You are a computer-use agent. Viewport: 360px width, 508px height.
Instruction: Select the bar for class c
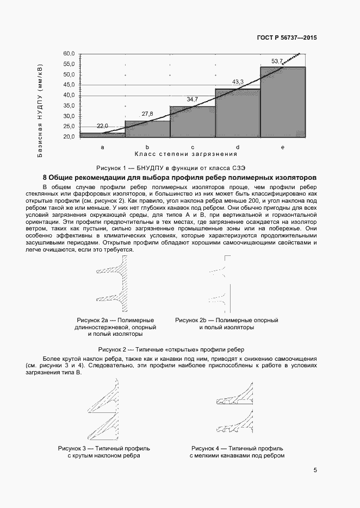[x=193, y=122]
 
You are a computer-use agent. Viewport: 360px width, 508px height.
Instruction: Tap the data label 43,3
[x=238, y=82]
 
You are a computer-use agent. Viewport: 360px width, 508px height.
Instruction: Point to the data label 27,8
[x=147, y=114]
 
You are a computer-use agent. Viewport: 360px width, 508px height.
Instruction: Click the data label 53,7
[x=277, y=61]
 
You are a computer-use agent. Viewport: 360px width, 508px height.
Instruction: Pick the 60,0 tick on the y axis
[x=69, y=54]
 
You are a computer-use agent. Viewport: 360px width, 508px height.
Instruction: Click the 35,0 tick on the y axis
[x=69, y=106]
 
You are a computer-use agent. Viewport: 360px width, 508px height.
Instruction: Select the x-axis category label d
[x=238, y=147]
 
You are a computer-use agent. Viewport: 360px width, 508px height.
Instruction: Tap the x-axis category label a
[x=102, y=147]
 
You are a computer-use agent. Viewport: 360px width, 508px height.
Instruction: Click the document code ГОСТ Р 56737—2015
[x=287, y=39]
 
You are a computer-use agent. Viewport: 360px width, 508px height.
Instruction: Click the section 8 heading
[x=179, y=178]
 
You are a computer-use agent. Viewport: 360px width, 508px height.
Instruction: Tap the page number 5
[x=315, y=471]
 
